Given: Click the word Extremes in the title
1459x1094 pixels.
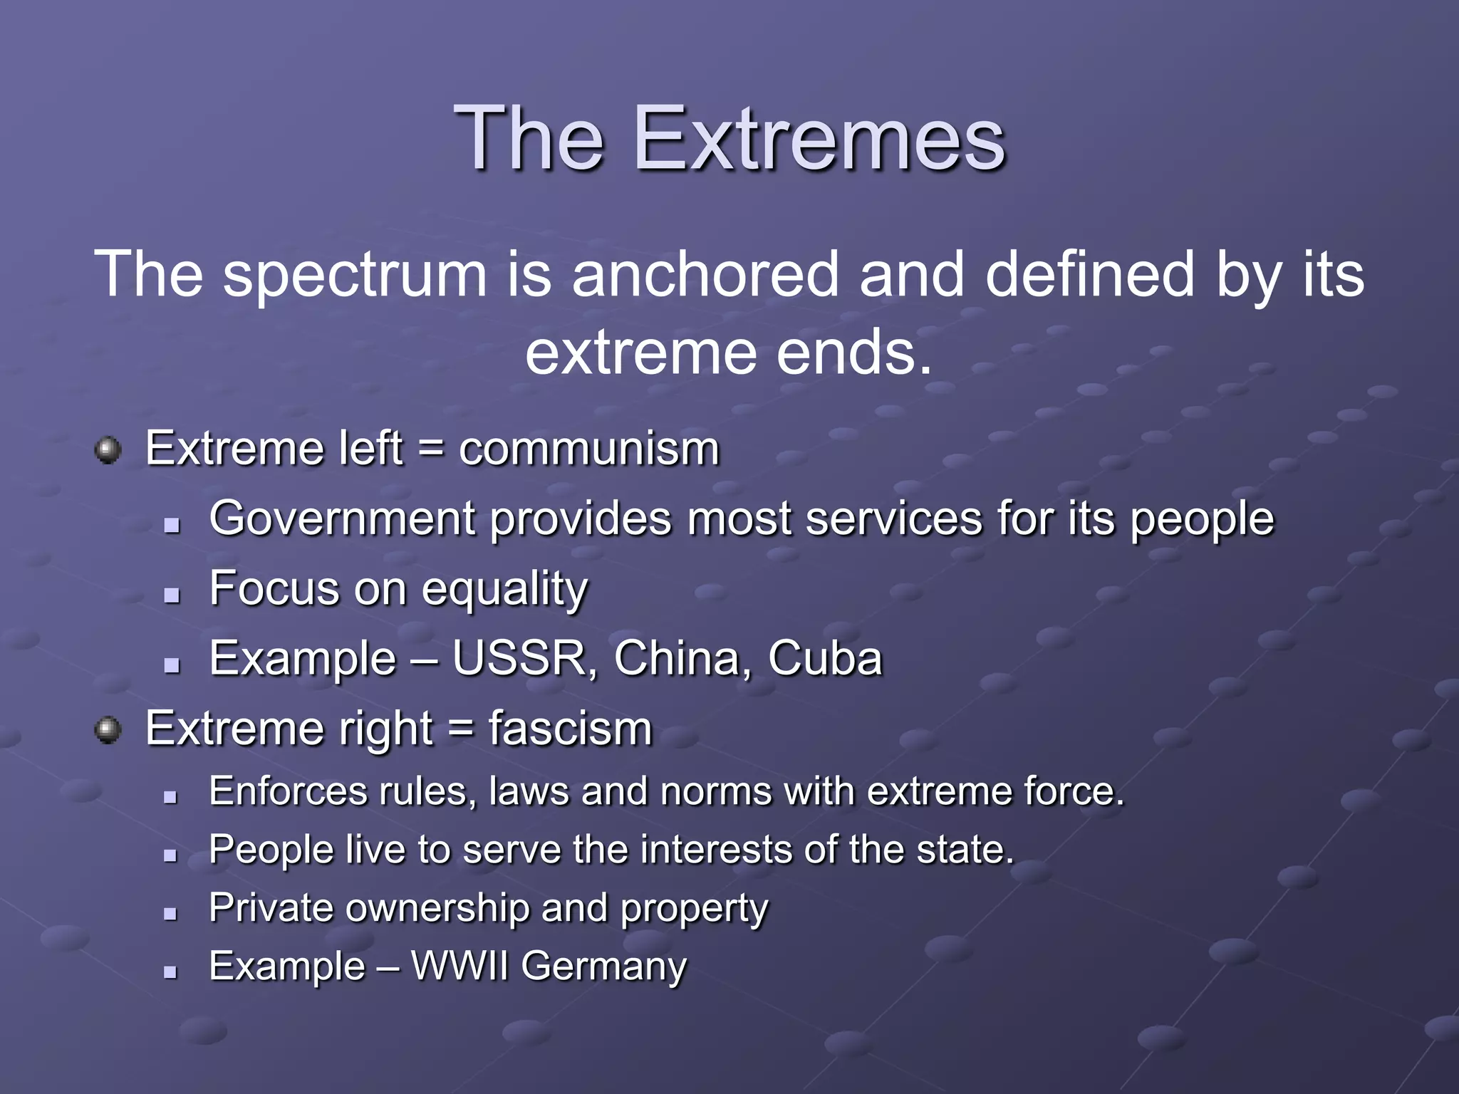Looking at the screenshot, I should (x=819, y=138).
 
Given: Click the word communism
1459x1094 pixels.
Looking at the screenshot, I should (x=589, y=449).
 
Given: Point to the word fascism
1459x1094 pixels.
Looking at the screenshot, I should (x=570, y=729).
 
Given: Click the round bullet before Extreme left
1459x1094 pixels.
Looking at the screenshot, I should (x=108, y=450).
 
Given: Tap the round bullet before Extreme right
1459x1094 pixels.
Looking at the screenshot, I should (x=108, y=730).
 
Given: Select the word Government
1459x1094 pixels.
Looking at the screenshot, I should (x=342, y=519).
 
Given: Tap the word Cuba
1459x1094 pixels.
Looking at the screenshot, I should (x=825, y=658).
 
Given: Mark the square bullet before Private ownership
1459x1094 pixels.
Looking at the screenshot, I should (x=170, y=913).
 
